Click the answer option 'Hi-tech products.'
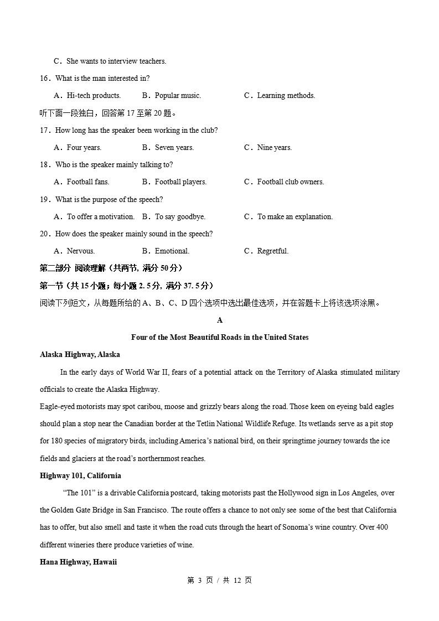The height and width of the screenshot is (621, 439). point(93,95)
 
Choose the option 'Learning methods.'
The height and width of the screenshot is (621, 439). point(286,95)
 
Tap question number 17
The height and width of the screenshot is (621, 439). point(45,130)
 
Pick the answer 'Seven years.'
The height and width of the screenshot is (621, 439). point(174,147)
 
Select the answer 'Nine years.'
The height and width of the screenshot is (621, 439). point(274,147)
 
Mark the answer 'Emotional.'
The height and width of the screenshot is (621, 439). point(172,251)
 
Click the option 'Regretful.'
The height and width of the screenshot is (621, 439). point(272,251)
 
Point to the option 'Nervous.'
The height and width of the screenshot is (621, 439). point(80,251)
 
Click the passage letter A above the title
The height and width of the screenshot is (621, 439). point(220,320)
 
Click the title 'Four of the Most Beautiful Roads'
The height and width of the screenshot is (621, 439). point(220,337)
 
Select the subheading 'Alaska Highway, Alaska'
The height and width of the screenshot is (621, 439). point(80,354)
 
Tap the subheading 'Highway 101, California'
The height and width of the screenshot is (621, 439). point(80,475)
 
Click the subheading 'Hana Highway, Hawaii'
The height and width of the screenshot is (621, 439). point(78,562)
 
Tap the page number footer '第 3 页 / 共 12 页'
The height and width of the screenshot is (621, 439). point(220,580)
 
